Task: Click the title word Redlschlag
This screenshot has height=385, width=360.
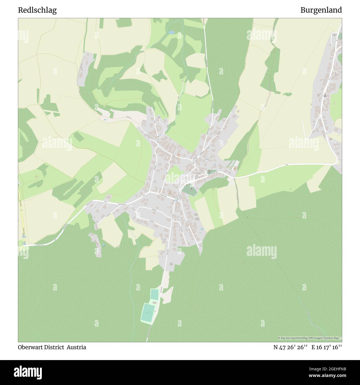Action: [37, 10]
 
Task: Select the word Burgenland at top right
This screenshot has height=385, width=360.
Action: [321, 10]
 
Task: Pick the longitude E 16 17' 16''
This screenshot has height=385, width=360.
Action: [326, 347]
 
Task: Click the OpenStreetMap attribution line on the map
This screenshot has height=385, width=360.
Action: [310, 338]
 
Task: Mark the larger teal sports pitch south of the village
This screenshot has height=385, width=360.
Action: [147, 313]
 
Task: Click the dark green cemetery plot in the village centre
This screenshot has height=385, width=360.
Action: [189, 190]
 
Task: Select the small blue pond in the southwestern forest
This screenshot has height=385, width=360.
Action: [104, 245]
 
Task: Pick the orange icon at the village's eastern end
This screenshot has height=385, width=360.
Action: [235, 168]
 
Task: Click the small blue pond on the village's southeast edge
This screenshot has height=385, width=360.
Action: [202, 229]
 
